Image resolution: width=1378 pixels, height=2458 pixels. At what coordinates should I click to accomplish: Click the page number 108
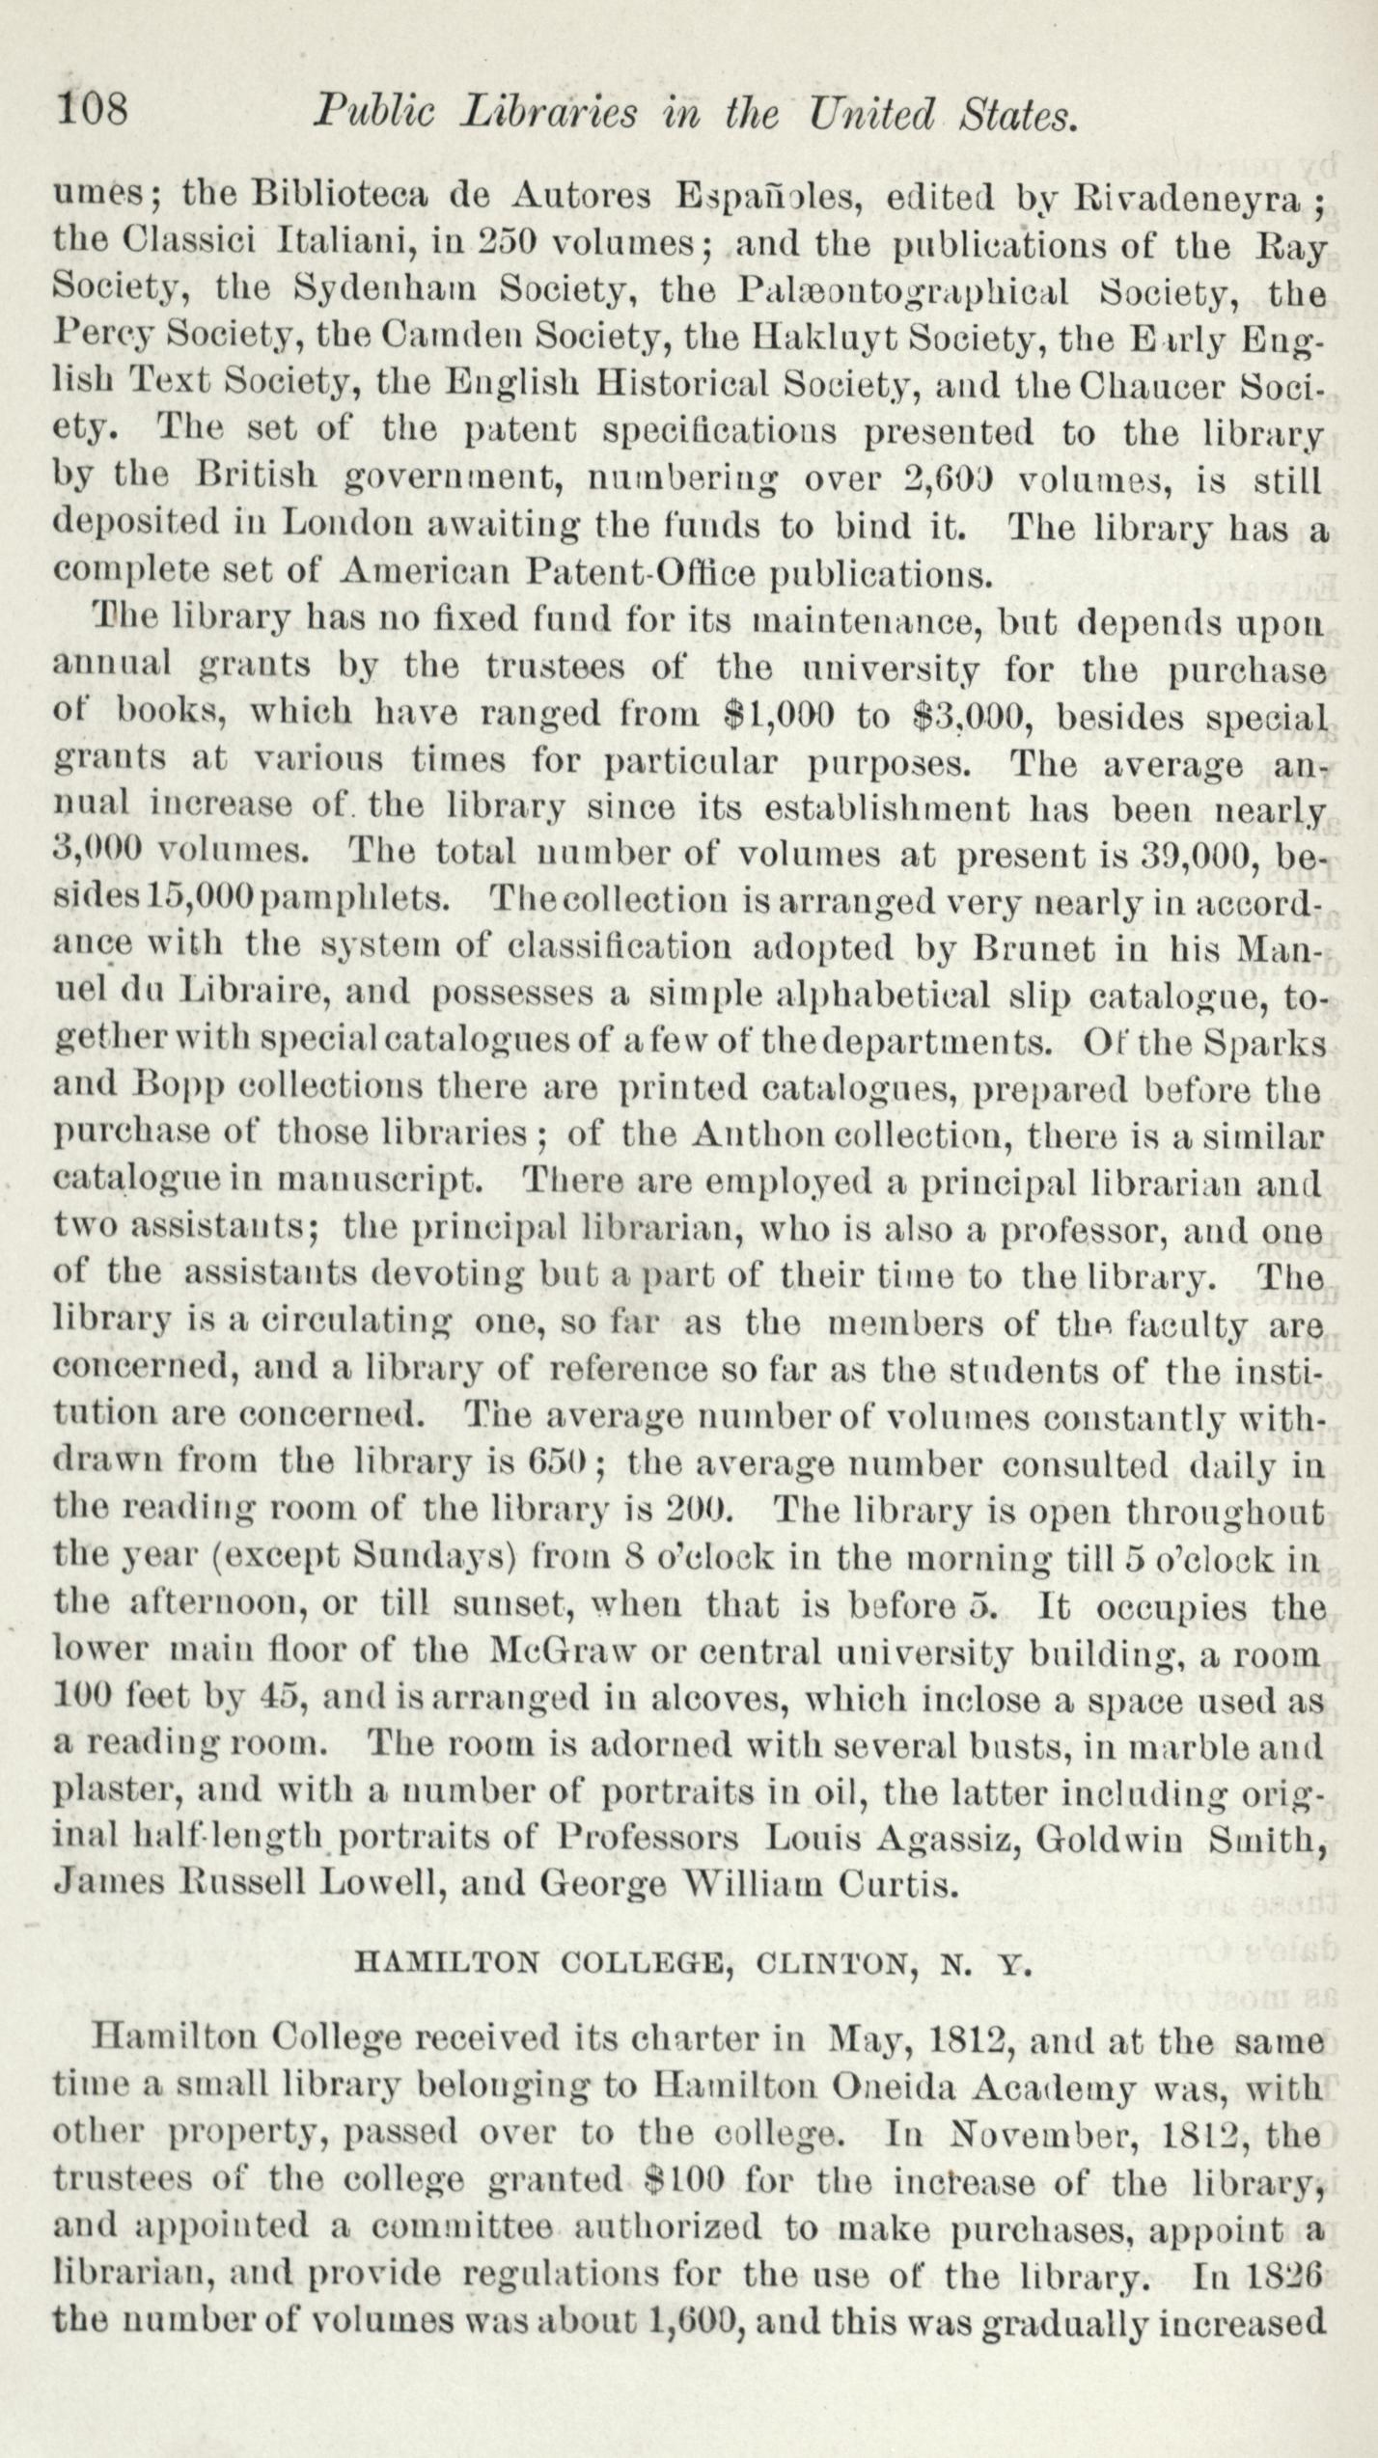click(93, 108)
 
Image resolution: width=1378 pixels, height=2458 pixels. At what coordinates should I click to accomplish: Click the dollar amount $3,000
click(975, 716)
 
